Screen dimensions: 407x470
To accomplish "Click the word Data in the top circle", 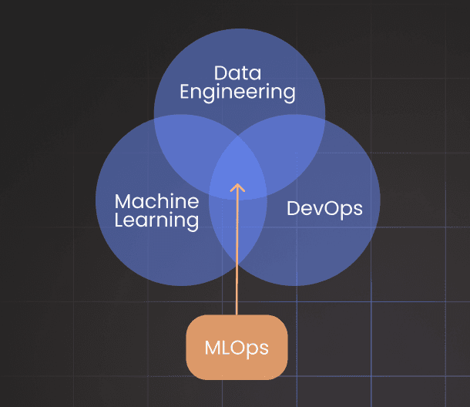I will pyautogui.click(x=237, y=74).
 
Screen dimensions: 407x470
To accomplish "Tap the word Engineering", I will pyautogui.click(x=237, y=92).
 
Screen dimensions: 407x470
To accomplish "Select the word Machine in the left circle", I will pyautogui.click(x=156, y=202).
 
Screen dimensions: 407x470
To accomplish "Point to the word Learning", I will pyautogui.click(x=156, y=220).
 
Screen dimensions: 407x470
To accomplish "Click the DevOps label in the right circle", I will pyautogui.click(x=324, y=208).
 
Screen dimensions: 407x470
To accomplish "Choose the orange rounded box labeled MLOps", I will pyautogui.click(x=237, y=347).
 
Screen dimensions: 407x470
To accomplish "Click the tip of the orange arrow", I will pyautogui.click(x=237, y=184).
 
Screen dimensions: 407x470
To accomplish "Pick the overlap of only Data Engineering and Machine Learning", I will pyautogui.click(x=185, y=143).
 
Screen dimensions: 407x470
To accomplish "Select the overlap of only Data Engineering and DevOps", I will pyautogui.click(x=291, y=143).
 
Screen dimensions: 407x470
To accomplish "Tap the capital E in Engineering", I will pyautogui.click(x=186, y=92).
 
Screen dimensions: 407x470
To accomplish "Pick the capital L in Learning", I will pyautogui.click(x=119, y=220).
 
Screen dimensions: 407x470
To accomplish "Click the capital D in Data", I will pyautogui.click(x=220, y=74).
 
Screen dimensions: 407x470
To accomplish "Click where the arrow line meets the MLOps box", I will pyautogui.click(x=237, y=315).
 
